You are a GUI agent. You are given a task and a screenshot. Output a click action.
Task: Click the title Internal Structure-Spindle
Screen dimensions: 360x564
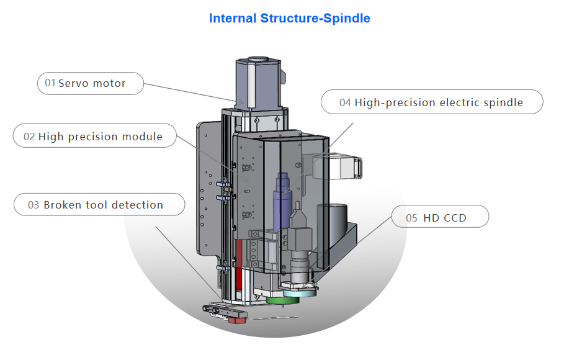click(289, 18)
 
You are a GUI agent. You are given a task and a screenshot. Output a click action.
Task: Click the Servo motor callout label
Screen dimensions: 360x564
click(91, 83)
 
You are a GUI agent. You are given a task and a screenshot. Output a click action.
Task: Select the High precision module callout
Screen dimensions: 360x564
click(95, 137)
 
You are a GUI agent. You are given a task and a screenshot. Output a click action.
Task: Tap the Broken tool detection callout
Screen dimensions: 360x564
click(99, 205)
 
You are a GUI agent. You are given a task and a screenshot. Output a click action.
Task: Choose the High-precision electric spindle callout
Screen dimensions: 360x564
click(432, 102)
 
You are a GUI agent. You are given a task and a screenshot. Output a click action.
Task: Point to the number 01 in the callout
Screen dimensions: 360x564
click(50, 83)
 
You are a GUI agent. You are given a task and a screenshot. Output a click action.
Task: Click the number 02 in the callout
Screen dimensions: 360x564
click(29, 137)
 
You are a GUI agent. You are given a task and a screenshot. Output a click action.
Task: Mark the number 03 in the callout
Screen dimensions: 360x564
click(34, 205)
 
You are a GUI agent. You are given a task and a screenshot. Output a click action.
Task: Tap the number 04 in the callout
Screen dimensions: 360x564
click(345, 102)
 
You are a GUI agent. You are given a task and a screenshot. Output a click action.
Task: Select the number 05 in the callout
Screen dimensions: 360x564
click(412, 218)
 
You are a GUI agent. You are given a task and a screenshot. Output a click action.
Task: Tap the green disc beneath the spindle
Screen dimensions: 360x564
click(282, 300)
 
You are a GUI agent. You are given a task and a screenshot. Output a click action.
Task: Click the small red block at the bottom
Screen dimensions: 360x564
click(236, 320)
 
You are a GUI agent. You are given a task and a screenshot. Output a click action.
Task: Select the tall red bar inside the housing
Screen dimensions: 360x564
click(239, 261)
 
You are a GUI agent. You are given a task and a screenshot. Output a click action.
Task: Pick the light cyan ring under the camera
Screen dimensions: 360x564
click(299, 287)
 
